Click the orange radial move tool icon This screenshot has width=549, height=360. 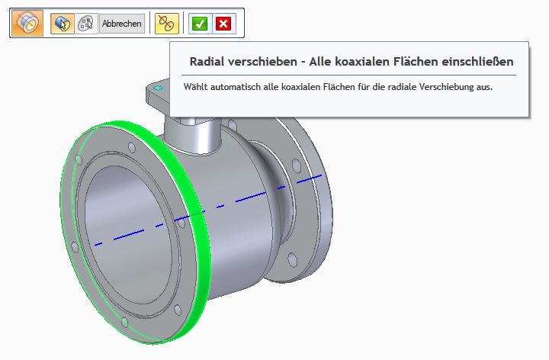(x=27, y=23)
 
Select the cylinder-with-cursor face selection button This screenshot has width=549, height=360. (x=63, y=24)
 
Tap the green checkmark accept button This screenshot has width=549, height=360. (x=200, y=24)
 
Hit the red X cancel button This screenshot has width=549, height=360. (x=223, y=24)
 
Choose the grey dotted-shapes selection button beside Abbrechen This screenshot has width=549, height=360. (x=85, y=24)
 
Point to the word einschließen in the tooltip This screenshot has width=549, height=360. (x=474, y=61)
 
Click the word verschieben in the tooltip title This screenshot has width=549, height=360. (x=265, y=61)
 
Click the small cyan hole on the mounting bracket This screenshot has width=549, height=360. (x=158, y=90)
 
